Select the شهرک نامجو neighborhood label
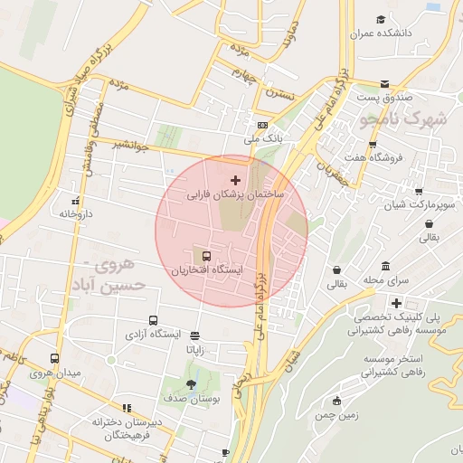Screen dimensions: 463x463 click(402, 118)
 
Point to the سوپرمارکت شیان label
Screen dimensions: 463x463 click(419, 205)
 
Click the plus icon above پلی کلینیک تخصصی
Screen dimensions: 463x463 click(395, 303)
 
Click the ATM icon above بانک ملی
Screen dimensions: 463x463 click(262, 125)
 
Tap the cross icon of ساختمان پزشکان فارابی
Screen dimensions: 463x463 click(237, 181)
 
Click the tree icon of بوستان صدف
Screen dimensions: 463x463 click(189, 383)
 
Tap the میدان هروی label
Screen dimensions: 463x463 click(55, 373)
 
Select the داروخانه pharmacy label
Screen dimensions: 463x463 click(77, 214)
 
